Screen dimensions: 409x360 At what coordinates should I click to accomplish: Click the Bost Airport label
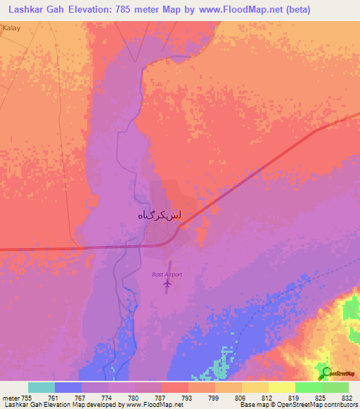tap(167, 274)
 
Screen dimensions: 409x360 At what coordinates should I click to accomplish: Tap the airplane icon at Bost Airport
tap(167, 285)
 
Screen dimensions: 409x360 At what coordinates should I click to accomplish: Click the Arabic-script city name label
tap(159, 217)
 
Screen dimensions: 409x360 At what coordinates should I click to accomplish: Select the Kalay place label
tap(11, 27)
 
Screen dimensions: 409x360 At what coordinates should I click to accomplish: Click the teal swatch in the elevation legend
tap(41, 387)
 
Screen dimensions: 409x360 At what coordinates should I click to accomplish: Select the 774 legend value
tap(108, 397)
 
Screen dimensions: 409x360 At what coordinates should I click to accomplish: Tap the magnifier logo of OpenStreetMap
tap(326, 373)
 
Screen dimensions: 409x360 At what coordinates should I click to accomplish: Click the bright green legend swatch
tap(308, 387)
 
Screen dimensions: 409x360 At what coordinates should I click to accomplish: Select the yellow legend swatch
tap(281, 387)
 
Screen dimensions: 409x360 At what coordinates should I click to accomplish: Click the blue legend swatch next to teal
tap(68, 387)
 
